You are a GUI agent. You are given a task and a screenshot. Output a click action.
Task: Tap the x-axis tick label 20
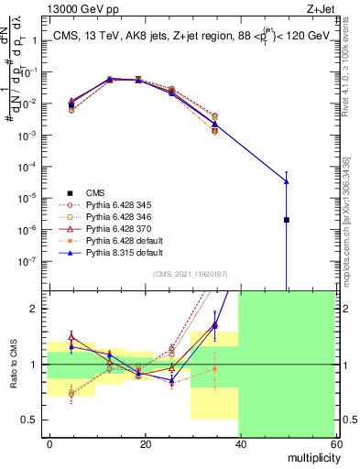tap(145, 442)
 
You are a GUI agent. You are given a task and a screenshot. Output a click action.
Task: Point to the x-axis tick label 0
tap(50, 442)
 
